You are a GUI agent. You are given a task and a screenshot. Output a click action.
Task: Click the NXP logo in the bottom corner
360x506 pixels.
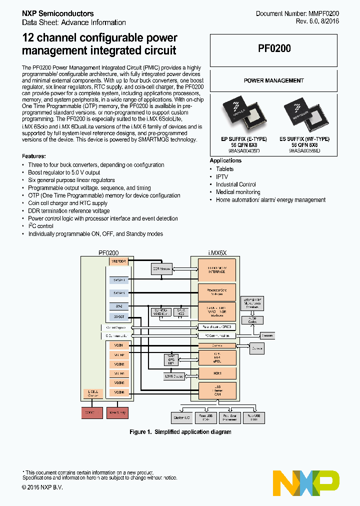pos(306,482)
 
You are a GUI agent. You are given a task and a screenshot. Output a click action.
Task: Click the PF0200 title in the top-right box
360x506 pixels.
pos(274,48)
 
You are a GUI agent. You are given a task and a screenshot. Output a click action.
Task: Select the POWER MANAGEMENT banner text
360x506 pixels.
pos(273,80)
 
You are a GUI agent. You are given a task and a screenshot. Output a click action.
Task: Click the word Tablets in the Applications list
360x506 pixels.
pos(224,169)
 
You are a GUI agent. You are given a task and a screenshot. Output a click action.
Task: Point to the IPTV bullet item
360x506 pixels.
pos(221,177)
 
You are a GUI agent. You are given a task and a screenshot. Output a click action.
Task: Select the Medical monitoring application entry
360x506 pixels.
pos(238,192)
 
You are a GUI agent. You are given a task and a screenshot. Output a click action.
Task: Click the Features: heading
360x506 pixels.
pos(34,156)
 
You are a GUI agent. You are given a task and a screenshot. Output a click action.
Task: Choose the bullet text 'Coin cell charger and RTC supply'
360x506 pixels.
pos(67,203)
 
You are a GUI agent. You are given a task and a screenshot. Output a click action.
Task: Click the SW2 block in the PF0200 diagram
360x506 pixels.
pos(119,305)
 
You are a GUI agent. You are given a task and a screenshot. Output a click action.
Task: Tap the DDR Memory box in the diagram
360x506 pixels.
pos(161,268)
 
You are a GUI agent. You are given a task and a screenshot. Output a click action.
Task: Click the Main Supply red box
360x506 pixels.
pos(119,412)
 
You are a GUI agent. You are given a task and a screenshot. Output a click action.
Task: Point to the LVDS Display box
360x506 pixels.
pos(174,376)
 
